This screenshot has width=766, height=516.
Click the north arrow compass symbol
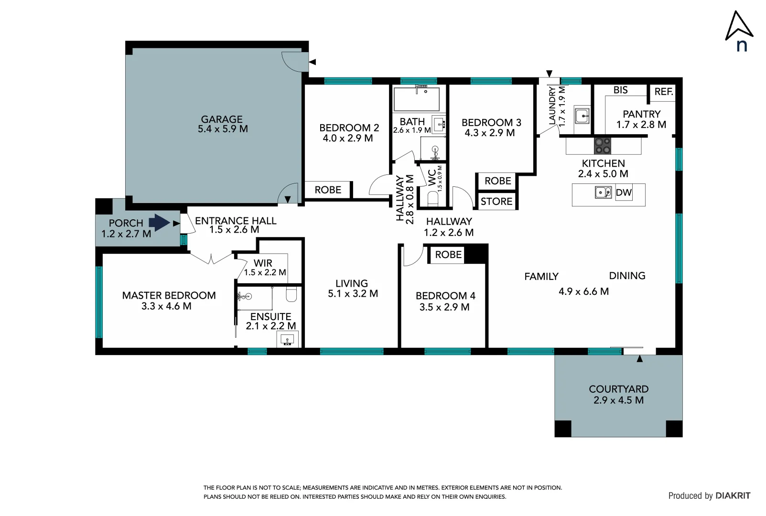(739, 27)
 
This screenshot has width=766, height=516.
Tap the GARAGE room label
(222, 119)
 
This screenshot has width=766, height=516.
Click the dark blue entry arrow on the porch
(159, 223)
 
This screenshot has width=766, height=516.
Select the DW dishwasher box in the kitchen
(624, 193)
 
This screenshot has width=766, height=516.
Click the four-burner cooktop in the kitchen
(603, 145)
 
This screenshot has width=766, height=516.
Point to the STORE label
(496, 202)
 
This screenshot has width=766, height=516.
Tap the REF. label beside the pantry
(664, 92)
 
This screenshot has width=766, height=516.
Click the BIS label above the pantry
(620, 90)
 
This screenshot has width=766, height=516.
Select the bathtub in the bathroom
(416, 99)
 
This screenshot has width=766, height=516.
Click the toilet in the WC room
(433, 198)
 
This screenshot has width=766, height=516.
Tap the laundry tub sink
(582, 116)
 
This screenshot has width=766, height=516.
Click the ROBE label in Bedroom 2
(328, 190)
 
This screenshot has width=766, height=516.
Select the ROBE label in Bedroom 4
(448, 255)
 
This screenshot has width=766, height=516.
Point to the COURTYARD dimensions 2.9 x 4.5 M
(618, 400)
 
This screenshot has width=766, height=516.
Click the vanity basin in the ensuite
(287, 340)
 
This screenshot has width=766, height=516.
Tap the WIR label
(263, 263)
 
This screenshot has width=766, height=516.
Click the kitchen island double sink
(603, 193)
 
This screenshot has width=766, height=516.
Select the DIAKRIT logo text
(733, 496)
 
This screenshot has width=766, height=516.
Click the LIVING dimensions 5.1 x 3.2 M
(353, 294)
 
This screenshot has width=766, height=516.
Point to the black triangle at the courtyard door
(640, 359)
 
